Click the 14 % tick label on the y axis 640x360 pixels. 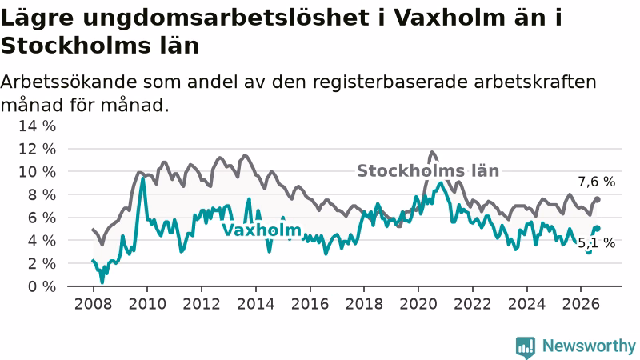pyautogui.click(x=37, y=126)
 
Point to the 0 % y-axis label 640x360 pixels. pyautogui.click(x=42, y=286)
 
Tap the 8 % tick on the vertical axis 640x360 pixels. pyautogui.click(x=42, y=194)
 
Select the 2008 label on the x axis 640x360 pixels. pyautogui.click(x=93, y=304)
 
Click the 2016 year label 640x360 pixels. pyautogui.click(x=310, y=304)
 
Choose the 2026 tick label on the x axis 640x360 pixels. pyautogui.click(x=581, y=304)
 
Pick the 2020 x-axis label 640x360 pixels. pyautogui.click(x=418, y=304)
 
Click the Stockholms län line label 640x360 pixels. pyautogui.click(x=428, y=171)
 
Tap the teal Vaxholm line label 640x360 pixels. pyautogui.click(x=262, y=230)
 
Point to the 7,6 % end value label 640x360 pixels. pyautogui.click(x=596, y=182)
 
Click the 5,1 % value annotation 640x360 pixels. pyautogui.click(x=596, y=243)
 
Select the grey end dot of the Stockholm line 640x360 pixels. pyautogui.click(x=597, y=199)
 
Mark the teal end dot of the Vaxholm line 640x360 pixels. pyautogui.click(x=598, y=228)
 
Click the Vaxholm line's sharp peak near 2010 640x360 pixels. pyautogui.click(x=142, y=178)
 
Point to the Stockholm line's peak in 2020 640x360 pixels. pyautogui.click(x=432, y=153)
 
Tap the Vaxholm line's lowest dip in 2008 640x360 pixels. pyautogui.click(x=102, y=282)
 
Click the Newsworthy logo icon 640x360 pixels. pyautogui.click(x=526, y=347)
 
